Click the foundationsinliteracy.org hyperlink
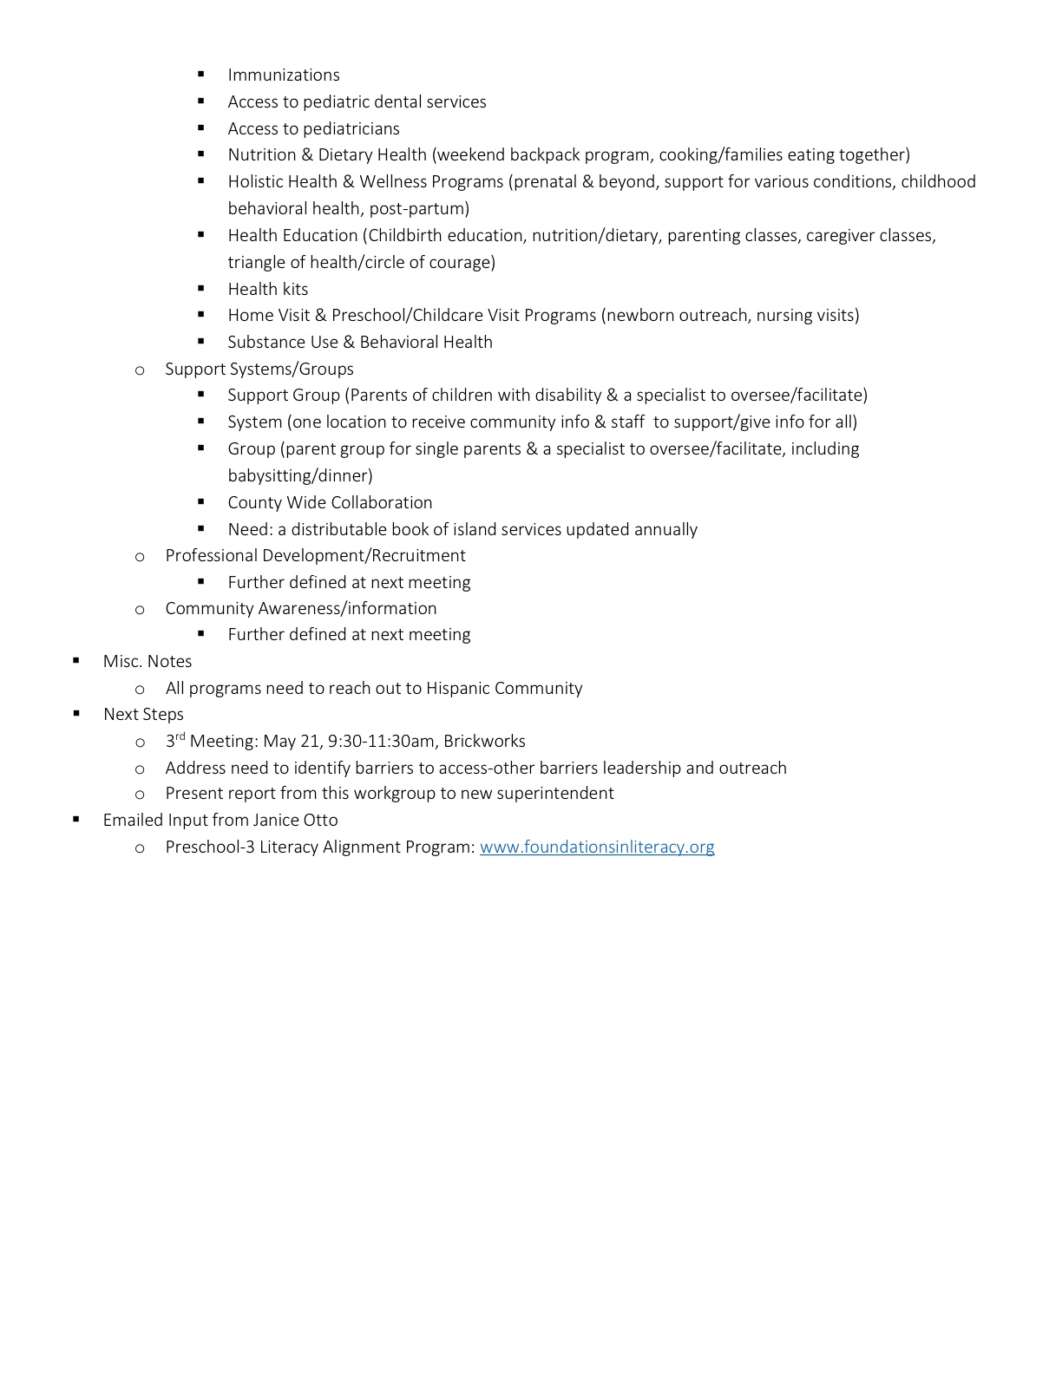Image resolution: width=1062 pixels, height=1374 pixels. pos(597,847)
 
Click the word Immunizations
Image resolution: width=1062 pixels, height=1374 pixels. pos(284,75)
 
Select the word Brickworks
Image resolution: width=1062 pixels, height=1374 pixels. pos(484,742)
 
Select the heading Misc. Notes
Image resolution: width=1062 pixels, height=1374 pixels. pos(147,662)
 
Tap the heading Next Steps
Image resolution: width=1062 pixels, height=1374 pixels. pos(143,715)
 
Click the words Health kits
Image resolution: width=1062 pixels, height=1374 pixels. pos(268,290)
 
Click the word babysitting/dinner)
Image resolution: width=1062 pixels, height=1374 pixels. pos(300,476)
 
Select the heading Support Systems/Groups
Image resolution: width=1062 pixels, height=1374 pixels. pos(259,370)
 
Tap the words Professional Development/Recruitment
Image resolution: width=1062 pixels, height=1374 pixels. pos(315,556)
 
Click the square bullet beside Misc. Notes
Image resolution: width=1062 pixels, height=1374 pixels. pos(76,661)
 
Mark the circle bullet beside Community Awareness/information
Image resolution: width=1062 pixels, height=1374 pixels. pos(140,610)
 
